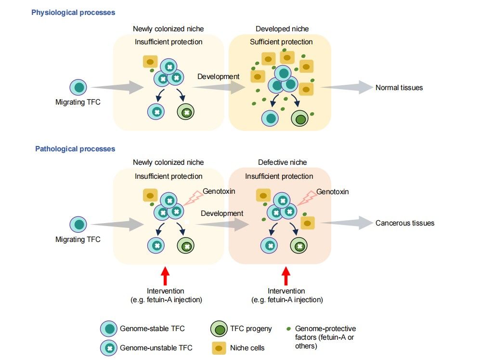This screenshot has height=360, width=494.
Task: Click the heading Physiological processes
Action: coord(73,12)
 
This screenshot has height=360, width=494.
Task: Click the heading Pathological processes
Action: coord(75,149)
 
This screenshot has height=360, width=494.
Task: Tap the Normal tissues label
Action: coord(399,88)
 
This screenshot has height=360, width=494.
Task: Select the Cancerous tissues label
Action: coord(404,223)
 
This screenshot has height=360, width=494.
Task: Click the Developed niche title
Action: coord(282,29)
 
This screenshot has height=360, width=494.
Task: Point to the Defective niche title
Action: coord(282,162)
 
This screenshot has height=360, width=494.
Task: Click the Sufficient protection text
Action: coord(281,42)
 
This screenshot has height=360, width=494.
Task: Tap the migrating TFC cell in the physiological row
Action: coord(78,88)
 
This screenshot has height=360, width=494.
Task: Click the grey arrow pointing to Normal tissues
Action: coord(347,87)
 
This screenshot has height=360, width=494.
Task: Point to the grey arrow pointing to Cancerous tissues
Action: coord(347,223)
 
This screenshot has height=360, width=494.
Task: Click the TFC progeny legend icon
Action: coord(219,329)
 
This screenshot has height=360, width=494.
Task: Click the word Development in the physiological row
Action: coord(218,77)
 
